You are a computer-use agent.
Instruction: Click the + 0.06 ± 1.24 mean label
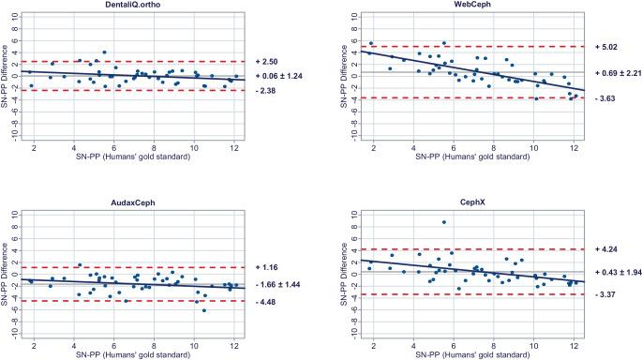(282, 76)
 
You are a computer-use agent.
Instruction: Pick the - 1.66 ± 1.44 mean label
(282, 283)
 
